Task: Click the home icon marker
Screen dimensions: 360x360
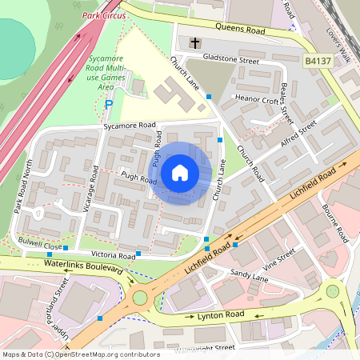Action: (x=180, y=173)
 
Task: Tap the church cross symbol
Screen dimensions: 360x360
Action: (x=194, y=42)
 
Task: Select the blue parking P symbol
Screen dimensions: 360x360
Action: (x=110, y=104)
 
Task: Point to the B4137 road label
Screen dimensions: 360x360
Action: (x=318, y=60)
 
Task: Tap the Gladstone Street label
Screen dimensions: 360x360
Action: (x=233, y=60)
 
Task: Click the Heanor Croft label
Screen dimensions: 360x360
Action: (x=256, y=101)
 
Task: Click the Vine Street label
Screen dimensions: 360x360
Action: (x=280, y=257)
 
